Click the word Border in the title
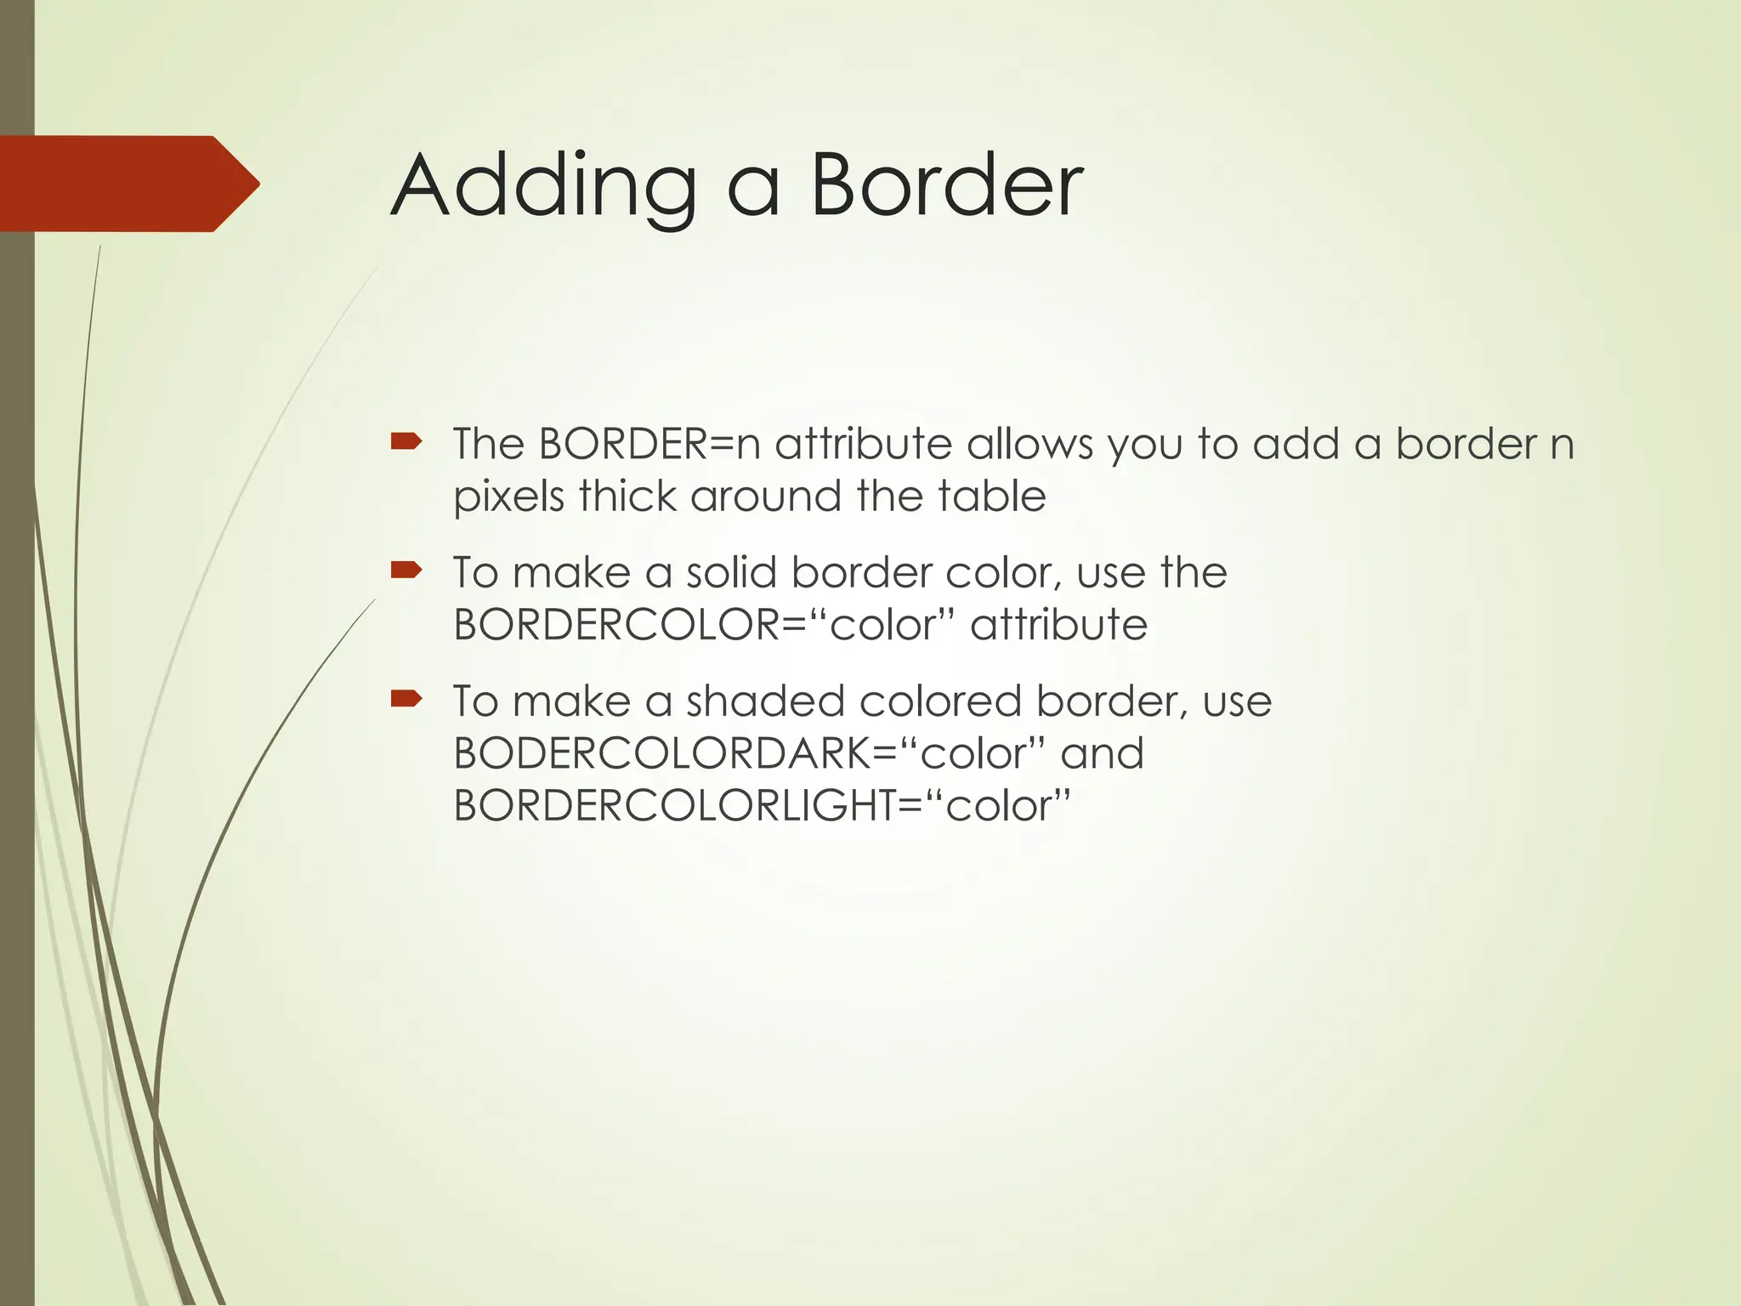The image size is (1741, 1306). coord(946,185)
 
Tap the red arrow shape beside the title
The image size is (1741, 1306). coord(128,184)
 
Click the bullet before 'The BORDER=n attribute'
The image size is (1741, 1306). coord(406,441)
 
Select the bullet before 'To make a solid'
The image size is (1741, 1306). coord(406,570)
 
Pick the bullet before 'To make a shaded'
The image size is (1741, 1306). coord(406,699)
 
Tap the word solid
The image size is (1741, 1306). coord(731,572)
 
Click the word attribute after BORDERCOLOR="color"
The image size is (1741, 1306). coord(1058,625)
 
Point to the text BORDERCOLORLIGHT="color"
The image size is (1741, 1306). coord(761,806)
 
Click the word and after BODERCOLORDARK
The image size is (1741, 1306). coord(1102,754)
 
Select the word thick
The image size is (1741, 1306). coord(627,496)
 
